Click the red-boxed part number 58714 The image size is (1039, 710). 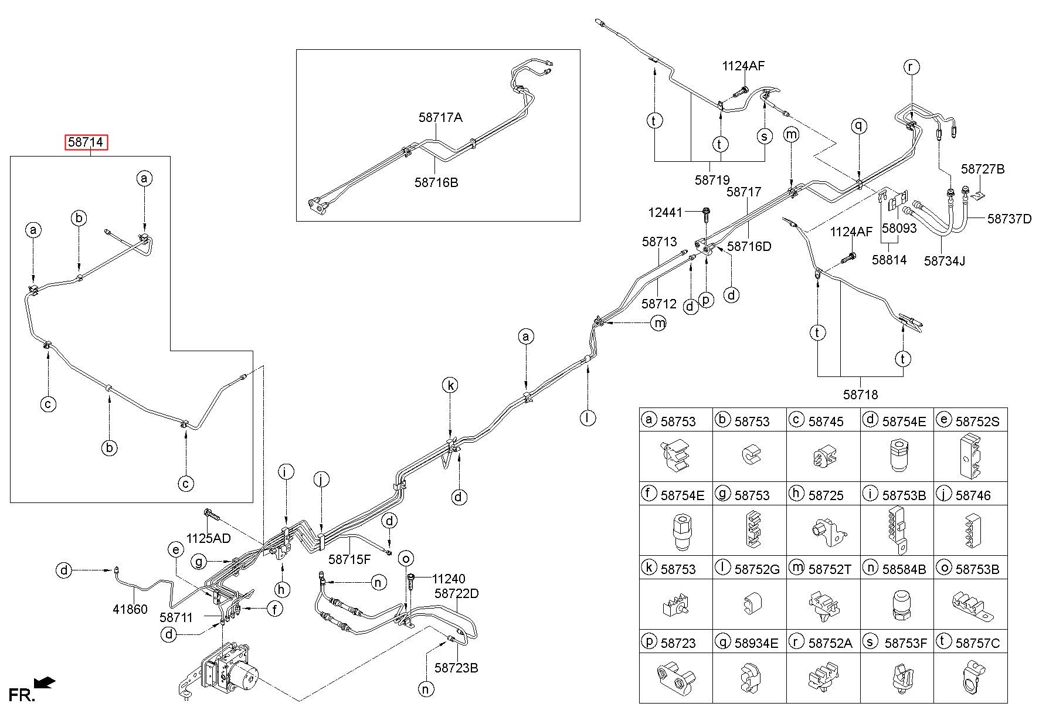pyautogui.click(x=86, y=142)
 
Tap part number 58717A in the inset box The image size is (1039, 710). pyautogui.click(x=440, y=117)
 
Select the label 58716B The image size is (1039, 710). pyautogui.click(x=436, y=182)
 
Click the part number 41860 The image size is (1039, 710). pyautogui.click(x=130, y=610)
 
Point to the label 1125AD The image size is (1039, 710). pyautogui.click(x=209, y=538)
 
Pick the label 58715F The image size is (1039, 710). pyautogui.click(x=349, y=559)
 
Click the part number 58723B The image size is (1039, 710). pyautogui.click(x=456, y=668)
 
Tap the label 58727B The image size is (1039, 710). pyautogui.click(x=983, y=169)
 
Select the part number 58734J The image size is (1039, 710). pyautogui.click(x=945, y=260)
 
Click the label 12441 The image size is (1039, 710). pyautogui.click(x=665, y=212)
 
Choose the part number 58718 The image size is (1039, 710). pyautogui.click(x=861, y=395)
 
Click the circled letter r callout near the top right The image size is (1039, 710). pyautogui.click(x=912, y=67)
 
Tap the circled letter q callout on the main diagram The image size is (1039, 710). pyautogui.click(x=860, y=125)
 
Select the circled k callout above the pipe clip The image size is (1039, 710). pyautogui.click(x=450, y=385)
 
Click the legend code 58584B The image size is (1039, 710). pyautogui.click(x=904, y=569)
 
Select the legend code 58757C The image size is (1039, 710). pyautogui.click(x=977, y=643)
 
